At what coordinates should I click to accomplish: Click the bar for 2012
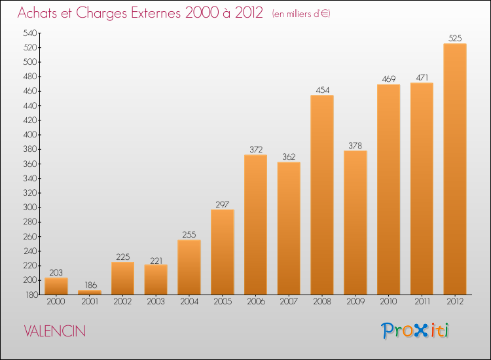[455, 169]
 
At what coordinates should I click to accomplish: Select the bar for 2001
[90, 293]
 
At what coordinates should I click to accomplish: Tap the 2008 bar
[322, 194]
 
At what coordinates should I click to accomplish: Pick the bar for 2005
[223, 252]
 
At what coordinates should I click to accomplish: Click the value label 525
[455, 38]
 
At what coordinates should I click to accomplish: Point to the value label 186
[91, 285]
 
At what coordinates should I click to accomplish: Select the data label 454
[323, 90]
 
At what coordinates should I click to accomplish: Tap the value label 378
[355, 145]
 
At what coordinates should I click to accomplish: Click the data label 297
[223, 204]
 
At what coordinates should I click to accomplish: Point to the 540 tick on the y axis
[29, 33]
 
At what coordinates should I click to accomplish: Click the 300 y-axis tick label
[29, 207]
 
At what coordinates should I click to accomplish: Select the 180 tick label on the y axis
[31, 295]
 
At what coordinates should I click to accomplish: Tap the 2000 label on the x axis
[56, 301]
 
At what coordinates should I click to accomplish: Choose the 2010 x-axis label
[388, 301]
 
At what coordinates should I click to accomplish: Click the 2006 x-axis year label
[256, 301]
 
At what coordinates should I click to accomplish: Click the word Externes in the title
[156, 13]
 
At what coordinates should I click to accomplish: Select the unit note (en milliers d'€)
[301, 14]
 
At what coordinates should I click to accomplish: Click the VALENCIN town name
[55, 331]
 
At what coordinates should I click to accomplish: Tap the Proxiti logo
[415, 331]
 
